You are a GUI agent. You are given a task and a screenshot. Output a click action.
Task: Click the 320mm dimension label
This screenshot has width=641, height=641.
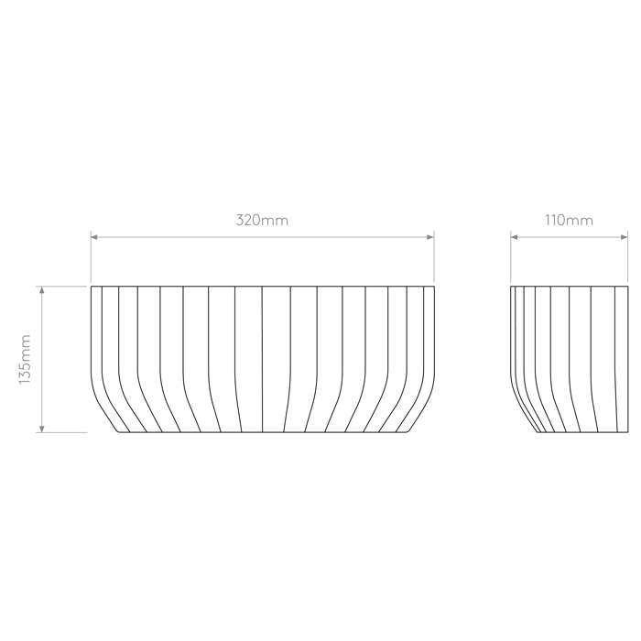point(262,221)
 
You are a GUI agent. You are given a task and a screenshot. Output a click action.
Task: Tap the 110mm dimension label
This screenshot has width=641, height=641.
point(569,221)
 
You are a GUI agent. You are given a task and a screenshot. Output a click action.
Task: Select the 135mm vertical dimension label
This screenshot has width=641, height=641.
point(25,359)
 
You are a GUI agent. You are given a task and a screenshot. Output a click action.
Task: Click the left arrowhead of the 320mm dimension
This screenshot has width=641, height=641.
point(94,237)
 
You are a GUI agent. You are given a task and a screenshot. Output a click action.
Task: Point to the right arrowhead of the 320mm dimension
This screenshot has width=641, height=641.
point(430,237)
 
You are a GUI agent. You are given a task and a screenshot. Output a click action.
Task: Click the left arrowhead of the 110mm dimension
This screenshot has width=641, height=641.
point(514,237)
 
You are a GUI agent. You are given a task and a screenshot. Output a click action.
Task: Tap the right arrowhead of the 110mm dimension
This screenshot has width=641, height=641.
point(625,237)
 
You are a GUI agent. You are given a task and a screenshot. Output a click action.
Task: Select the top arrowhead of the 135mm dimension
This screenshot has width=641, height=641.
point(41,290)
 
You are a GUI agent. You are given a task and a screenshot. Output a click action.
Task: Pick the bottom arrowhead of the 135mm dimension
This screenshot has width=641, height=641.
point(41,429)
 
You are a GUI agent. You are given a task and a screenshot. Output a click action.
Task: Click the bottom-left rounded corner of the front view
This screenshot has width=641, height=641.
point(117,431)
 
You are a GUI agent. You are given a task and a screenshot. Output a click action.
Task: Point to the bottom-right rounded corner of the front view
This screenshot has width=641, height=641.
point(407,431)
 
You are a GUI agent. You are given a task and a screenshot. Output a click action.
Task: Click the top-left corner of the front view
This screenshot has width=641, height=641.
point(92,287)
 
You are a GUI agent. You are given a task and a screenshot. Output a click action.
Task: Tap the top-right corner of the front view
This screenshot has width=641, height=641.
point(434,287)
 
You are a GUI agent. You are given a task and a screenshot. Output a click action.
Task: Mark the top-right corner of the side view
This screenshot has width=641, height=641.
point(628,287)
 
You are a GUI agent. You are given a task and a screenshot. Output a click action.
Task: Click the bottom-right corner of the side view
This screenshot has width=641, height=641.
point(628,432)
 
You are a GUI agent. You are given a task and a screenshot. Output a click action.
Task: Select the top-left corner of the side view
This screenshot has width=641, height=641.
point(511,287)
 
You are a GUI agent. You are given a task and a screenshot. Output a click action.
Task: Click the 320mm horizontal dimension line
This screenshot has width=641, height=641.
point(263,237)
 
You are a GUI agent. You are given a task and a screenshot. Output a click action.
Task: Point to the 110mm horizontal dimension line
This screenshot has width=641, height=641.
point(569,237)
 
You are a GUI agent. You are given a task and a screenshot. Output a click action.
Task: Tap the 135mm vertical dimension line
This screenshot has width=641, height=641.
point(41,359)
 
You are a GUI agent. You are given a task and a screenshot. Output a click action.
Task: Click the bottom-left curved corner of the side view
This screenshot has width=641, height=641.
point(538,431)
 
